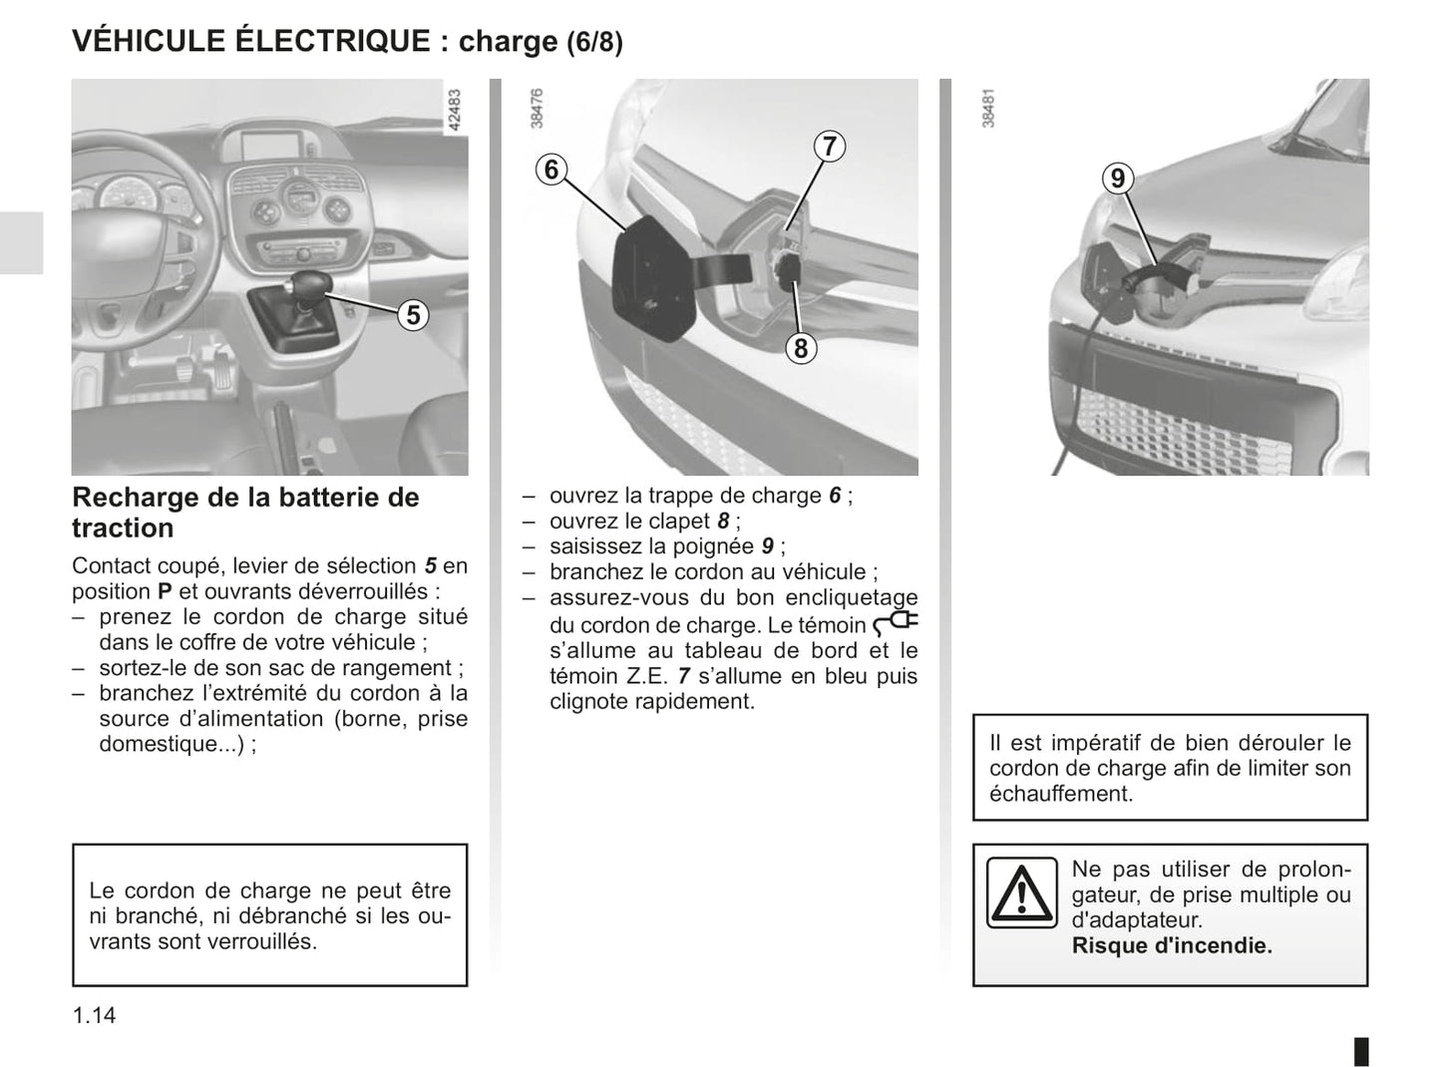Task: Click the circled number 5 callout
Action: pyautogui.click(x=412, y=315)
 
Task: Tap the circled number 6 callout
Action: pyautogui.click(x=551, y=170)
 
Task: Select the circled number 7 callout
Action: pyautogui.click(x=829, y=146)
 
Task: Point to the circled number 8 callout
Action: pyautogui.click(x=801, y=348)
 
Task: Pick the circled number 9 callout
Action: pyautogui.click(x=1117, y=178)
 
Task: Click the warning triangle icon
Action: pyautogui.click(x=1021, y=891)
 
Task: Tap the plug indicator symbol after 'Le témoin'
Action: pyautogui.click(x=895, y=624)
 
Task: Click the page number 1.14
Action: pyautogui.click(x=94, y=1015)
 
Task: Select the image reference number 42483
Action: pyautogui.click(x=455, y=111)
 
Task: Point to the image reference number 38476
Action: pyautogui.click(x=537, y=109)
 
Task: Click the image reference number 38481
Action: pyautogui.click(x=987, y=109)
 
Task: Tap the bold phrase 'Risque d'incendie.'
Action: pyautogui.click(x=1172, y=945)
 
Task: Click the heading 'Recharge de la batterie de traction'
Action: pyautogui.click(x=244, y=512)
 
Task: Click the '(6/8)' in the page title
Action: pyautogui.click(x=594, y=43)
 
